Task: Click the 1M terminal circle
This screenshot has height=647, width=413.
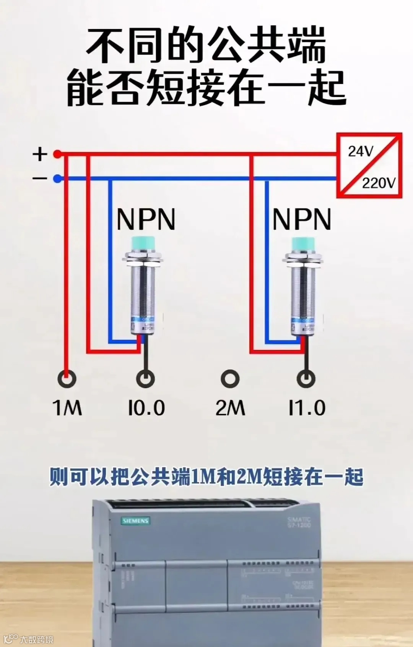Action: point(67,379)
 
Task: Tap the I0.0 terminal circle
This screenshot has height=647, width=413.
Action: point(146,379)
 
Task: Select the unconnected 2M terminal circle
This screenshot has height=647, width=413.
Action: point(230,379)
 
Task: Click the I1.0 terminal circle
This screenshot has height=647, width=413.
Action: point(306,379)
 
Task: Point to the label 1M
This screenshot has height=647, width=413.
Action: point(67,408)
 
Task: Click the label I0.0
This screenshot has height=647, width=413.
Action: point(146,408)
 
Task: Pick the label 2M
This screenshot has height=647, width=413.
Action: point(230,408)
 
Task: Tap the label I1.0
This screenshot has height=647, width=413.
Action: point(307,408)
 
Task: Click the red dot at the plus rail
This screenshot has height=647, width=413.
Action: point(57,154)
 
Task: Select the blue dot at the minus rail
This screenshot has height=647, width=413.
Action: point(57,178)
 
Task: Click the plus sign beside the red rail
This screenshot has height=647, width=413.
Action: point(40,154)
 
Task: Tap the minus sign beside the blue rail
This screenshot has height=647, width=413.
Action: point(40,178)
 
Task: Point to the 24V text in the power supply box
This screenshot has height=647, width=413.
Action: point(360,152)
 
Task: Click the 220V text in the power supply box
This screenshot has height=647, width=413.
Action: point(379,183)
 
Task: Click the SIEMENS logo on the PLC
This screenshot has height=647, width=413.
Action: point(136,521)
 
